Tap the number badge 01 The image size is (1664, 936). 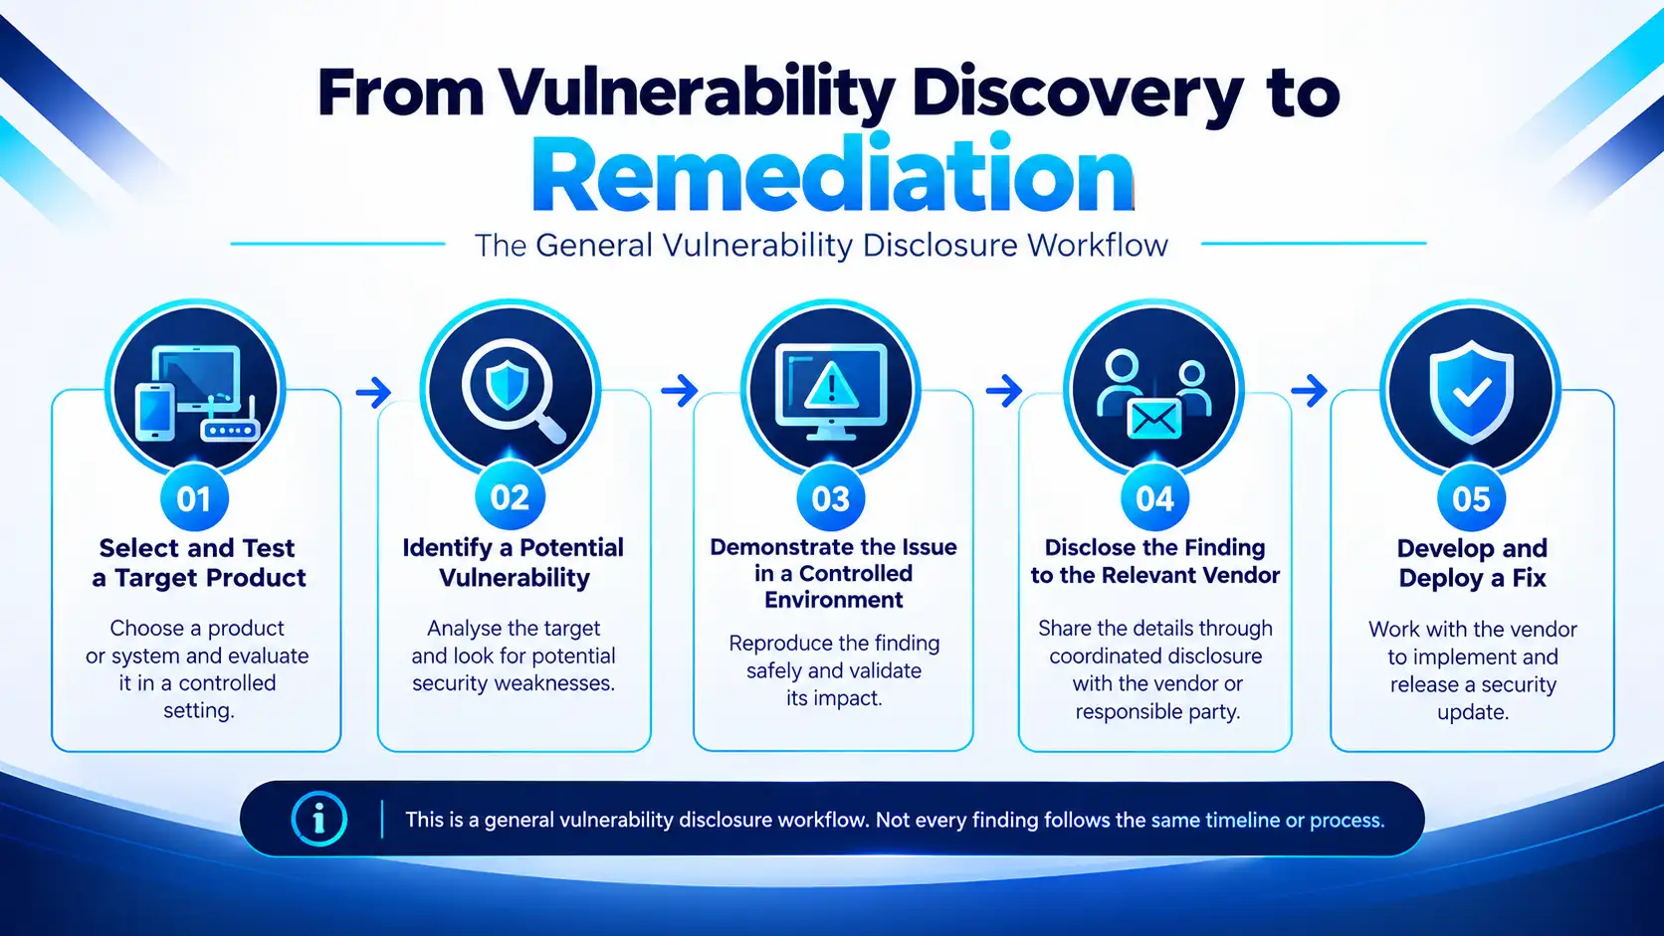tap(195, 498)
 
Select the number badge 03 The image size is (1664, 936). tap(831, 498)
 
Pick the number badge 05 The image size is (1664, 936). tap(1472, 498)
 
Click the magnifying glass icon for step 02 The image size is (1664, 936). tap(513, 391)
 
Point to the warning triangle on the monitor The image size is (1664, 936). tap(831, 385)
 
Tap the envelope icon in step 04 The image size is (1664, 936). tap(1154, 420)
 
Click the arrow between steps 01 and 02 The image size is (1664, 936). tap(373, 392)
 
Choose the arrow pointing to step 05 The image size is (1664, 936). tap(1310, 391)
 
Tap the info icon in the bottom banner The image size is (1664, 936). tap(319, 820)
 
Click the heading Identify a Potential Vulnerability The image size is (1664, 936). tap(514, 563)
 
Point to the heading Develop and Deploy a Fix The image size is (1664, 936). tap(1472, 563)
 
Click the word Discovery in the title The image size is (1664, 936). tap(1077, 93)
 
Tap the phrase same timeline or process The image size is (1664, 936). tap(1267, 821)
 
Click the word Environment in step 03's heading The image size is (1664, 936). tap(833, 600)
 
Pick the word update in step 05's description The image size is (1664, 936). tap(1472, 712)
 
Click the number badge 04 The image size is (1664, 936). tap(1154, 498)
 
